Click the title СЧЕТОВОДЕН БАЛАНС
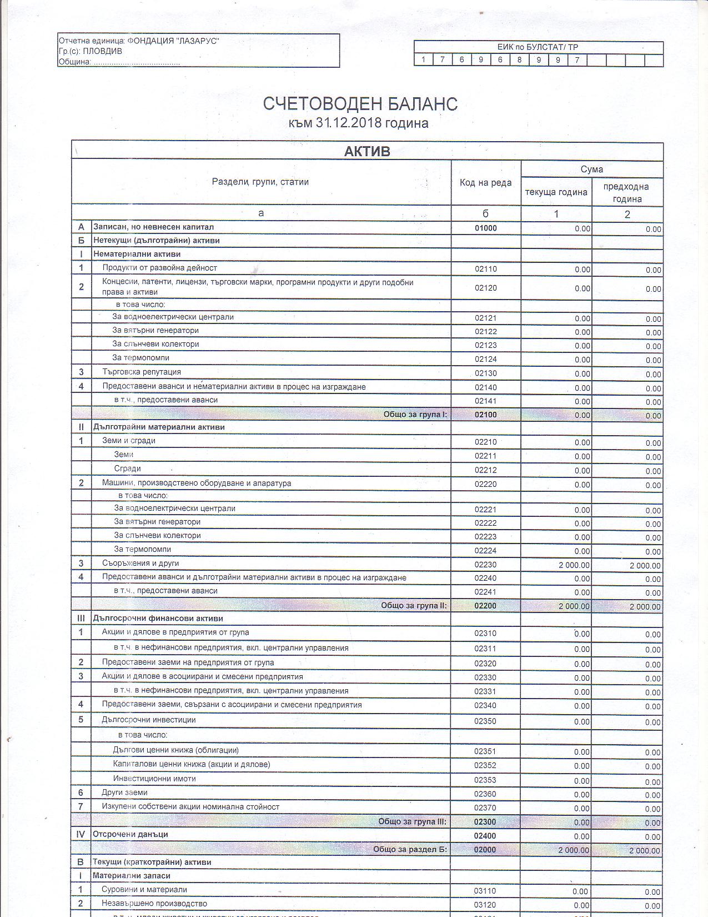(x=360, y=104)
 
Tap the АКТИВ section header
(x=367, y=152)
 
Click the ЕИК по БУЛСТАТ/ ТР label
(x=538, y=47)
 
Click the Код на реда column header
(x=486, y=183)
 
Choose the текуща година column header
(x=556, y=192)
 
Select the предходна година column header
(x=627, y=193)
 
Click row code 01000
(x=486, y=228)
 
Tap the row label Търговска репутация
(x=142, y=372)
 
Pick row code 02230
(x=486, y=565)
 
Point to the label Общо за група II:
(x=414, y=605)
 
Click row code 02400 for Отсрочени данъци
(x=485, y=836)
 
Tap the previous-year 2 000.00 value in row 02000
(x=645, y=850)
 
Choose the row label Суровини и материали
(x=144, y=889)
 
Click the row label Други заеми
(x=124, y=793)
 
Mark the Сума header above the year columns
(x=592, y=170)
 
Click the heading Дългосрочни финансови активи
(x=158, y=618)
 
